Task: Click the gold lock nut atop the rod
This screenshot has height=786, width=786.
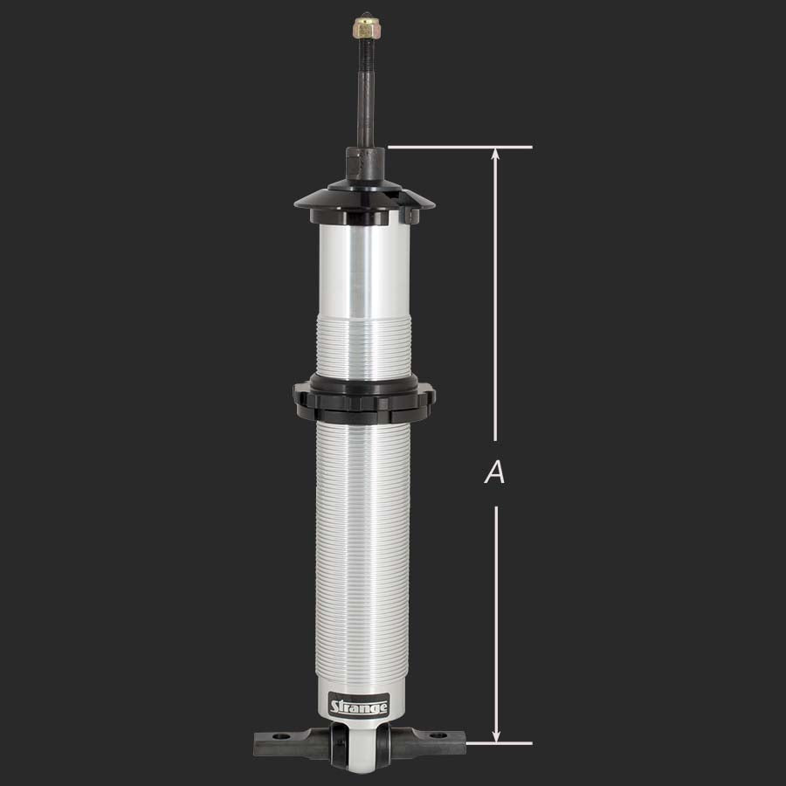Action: point(363,29)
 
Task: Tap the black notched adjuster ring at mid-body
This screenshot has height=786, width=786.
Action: point(364,396)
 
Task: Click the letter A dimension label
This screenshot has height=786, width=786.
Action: point(495,473)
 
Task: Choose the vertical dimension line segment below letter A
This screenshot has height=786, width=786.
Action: point(496,620)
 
